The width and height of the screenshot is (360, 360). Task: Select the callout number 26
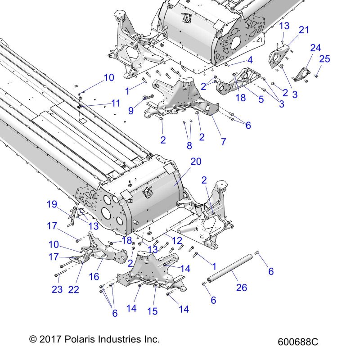242,287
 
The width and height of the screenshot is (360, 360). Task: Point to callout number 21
304,30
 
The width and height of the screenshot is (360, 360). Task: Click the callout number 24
315,48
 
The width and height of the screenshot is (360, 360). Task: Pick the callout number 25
324,58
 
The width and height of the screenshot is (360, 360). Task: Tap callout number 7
223,142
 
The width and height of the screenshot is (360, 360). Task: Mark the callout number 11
116,103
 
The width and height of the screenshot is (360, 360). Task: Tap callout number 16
94,276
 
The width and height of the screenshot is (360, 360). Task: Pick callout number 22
73,290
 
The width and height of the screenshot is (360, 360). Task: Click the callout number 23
57,290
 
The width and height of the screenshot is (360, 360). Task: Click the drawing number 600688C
298,342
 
